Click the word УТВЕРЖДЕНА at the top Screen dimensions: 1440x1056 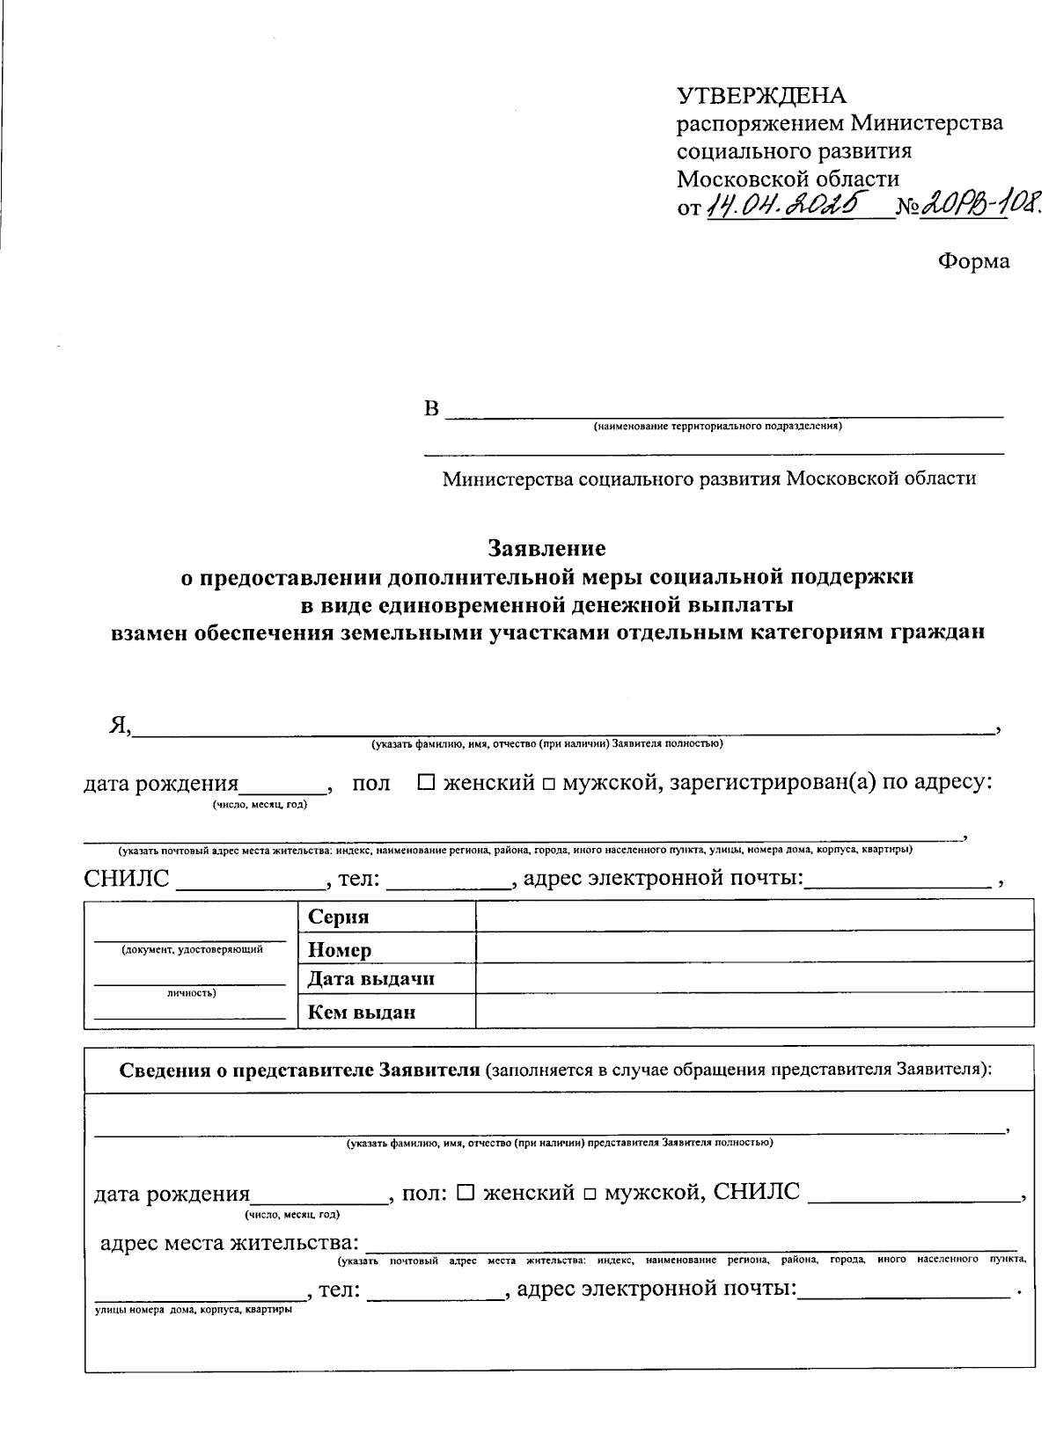pyautogui.click(x=761, y=95)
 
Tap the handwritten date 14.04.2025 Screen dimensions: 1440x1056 pyautogui.click(x=782, y=208)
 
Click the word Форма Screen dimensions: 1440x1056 pyautogui.click(x=973, y=261)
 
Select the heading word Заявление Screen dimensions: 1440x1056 pyautogui.click(x=547, y=549)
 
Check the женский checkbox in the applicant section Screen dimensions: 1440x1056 pyautogui.click(x=426, y=782)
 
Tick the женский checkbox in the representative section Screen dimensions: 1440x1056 pyautogui.click(x=466, y=1193)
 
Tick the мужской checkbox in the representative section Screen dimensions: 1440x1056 pyautogui.click(x=589, y=1195)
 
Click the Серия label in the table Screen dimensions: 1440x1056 pyautogui.click(x=339, y=917)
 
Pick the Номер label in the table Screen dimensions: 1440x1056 pyautogui.click(x=340, y=949)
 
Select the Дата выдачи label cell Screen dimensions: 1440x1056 pyautogui.click(x=371, y=979)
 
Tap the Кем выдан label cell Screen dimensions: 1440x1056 pyautogui.click(x=362, y=1012)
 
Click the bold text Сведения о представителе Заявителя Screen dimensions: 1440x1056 pyautogui.click(x=299, y=1071)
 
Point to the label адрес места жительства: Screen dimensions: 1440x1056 pyautogui.click(x=230, y=1243)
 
